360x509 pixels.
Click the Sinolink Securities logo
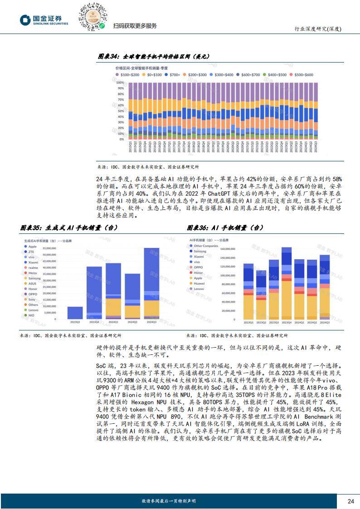(44, 20)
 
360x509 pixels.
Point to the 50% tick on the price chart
(120, 111)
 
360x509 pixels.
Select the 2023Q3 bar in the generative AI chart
(75, 313)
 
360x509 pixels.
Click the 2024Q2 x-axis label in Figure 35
(132, 322)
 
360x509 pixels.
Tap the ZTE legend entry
(31, 252)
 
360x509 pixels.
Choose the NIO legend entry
(31, 315)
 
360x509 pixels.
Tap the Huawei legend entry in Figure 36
(199, 283)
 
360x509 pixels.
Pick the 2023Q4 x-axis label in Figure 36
(286, 322)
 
